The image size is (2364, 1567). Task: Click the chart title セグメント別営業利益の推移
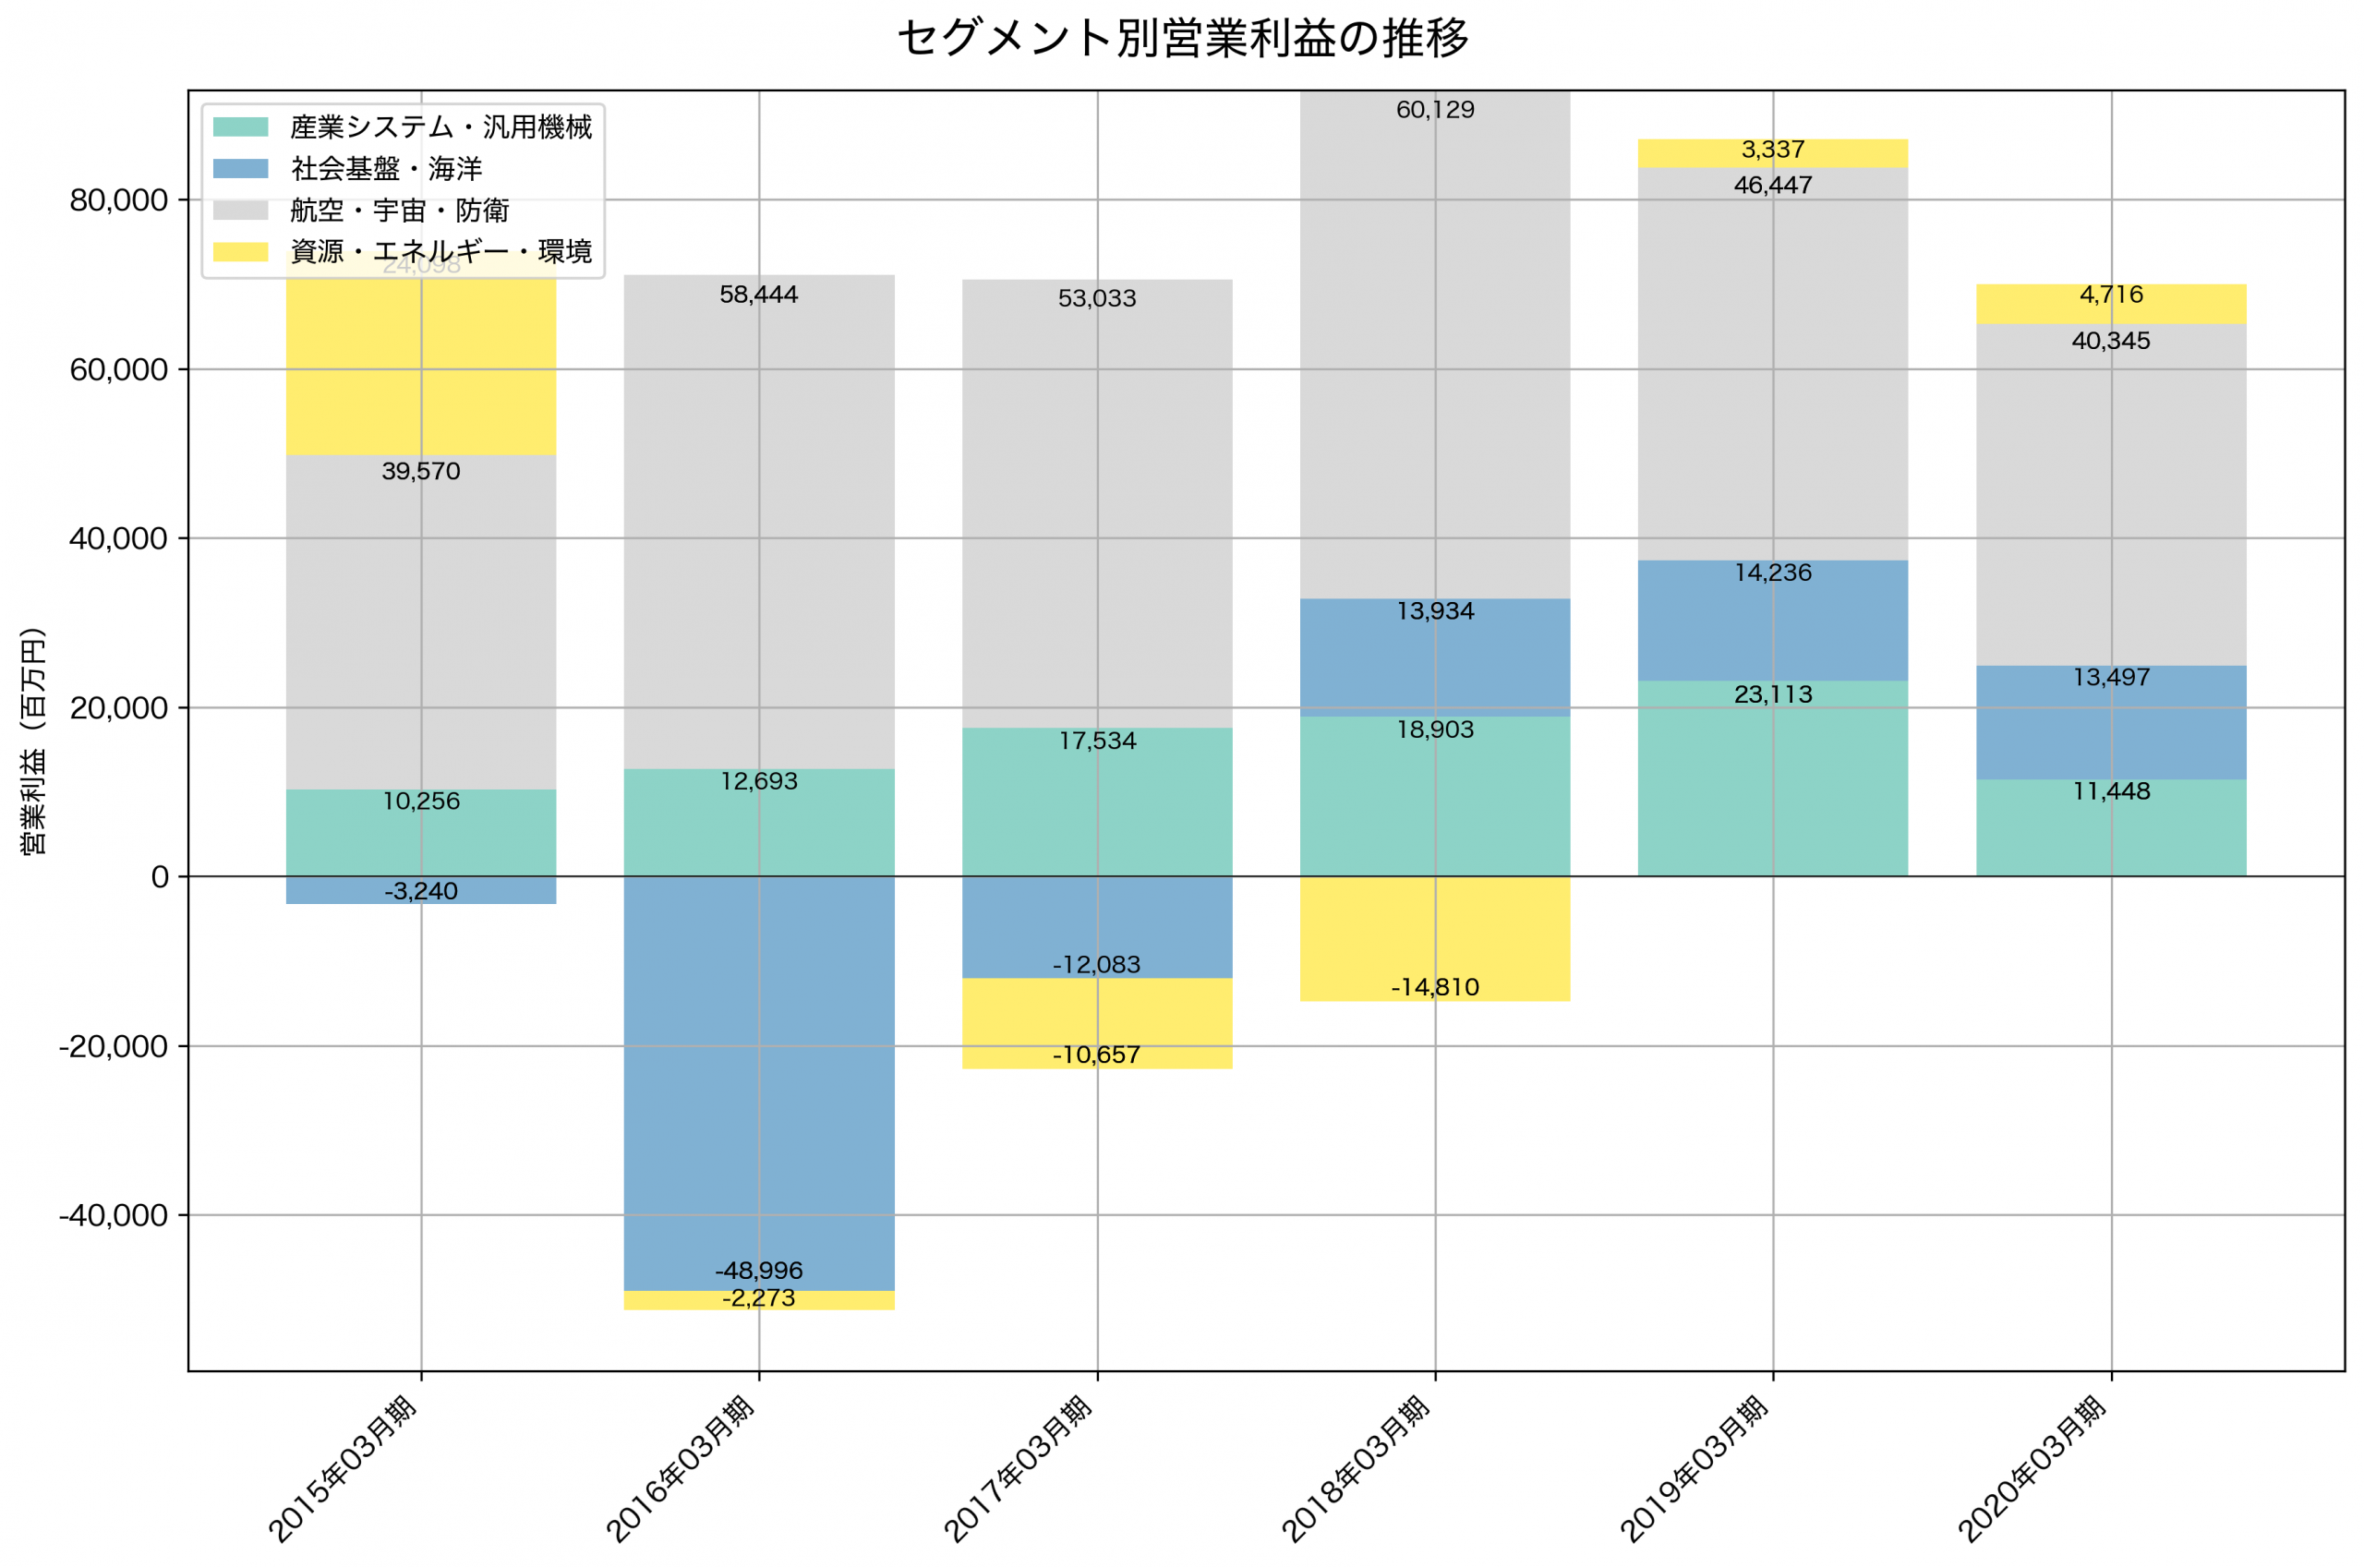[1182, 39]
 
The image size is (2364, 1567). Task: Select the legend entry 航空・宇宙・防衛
[400, 211]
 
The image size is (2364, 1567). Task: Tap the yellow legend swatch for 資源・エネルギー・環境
[241, 252]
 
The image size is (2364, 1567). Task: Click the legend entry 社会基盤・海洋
[386, 169]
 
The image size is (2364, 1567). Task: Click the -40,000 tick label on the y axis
[113, 1216]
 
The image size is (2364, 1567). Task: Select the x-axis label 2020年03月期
[2032, 1469]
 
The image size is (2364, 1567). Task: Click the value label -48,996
[758, 1272]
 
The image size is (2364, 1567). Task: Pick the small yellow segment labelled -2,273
[758, 1300]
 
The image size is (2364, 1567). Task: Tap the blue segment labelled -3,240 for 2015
[421, 890]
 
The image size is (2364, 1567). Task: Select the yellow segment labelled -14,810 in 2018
[1435, 939]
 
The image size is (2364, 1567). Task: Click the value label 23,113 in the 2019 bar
[1772, 694]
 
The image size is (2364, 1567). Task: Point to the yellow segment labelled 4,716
[2110, 304]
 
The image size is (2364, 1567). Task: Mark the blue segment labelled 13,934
[1435, 657]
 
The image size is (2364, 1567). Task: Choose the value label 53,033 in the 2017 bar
[1097, 299]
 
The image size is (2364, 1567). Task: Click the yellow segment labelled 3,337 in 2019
[1772, 153]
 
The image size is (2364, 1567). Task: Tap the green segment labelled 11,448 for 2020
[2110, 827]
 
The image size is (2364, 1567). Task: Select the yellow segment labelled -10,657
[1097, 1023]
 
